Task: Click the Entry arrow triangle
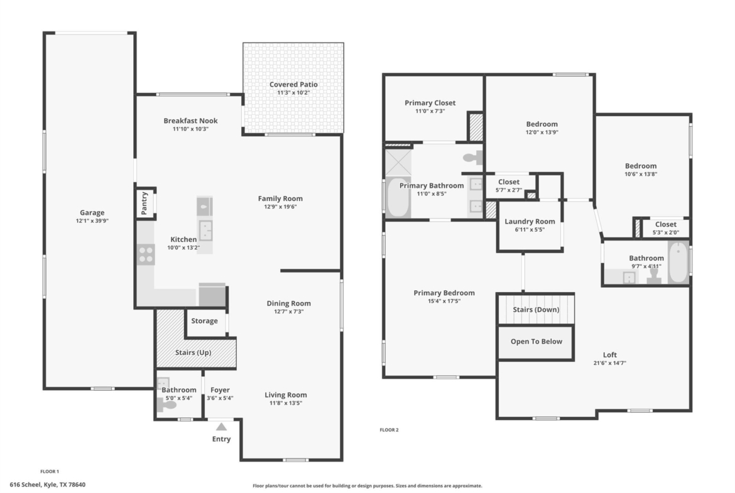pyautogui.click(x=222, y=427)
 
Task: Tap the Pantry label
pyautogui.click(x=144, y=203)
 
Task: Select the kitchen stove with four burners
pyautogui.click(x=146, y=254)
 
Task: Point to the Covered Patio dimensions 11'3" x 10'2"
pyautogui.click(x=293, y=93)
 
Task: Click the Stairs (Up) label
pyautogui.click(x=193, y=352)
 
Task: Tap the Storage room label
pyautogui.click(x=204, y=321)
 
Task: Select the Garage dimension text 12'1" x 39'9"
pyautogui.click(x=92, y=220)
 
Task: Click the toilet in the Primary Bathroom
pyautogui.click(x=473, y=158)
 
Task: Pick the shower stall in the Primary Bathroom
pyautogui.click(x=398, y=162)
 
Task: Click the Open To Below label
pyautogui.click(x=536, y=342)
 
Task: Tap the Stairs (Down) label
pyautogui.click(x=536, y=310)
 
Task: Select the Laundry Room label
pyautogui.click(x=530, y=221)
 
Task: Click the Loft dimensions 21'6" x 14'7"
pyautogui.click(x=609, y=363)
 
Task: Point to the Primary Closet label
pyautogui.click(x=430, y=103)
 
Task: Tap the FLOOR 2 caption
pyautogui.click(x=389, y=430)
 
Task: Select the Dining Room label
pyautogui.click(x=289, y=303)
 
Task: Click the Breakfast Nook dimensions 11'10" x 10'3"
pyautogui.click(x=190, y=129)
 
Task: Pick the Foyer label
pyautogui.click(x=220, y=390)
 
